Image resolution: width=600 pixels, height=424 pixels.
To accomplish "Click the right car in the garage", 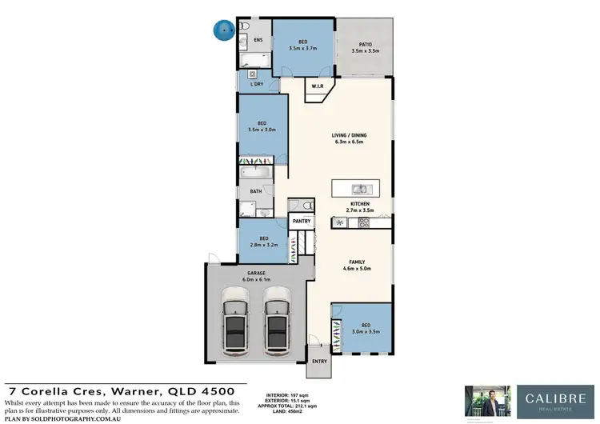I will [x=277, y=322].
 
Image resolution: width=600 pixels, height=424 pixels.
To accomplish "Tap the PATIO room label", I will [x=364, y=46].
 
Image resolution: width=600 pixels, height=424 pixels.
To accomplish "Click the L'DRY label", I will [x=258, y=84].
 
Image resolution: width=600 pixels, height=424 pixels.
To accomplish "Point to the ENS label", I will [x=258, y=39].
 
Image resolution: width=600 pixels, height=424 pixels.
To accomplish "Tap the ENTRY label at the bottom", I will [x=320, y=362].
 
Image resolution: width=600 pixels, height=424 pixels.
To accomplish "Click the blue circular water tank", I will [x=223, y=30].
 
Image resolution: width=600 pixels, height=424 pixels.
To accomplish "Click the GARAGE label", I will [x=255, y=273].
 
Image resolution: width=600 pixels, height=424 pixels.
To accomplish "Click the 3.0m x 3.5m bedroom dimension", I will [x=362, y=330].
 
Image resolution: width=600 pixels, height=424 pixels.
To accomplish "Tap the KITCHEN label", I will [x=360, y=205].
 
